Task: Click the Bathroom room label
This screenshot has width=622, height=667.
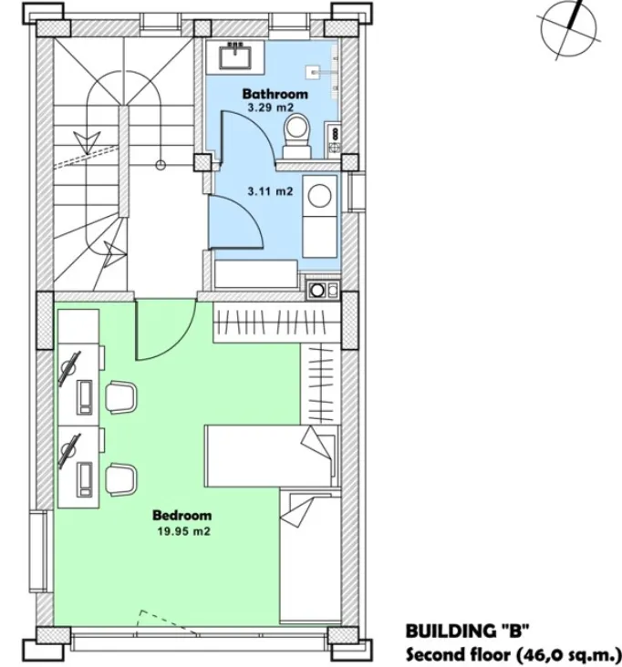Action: click(x=275, y=94)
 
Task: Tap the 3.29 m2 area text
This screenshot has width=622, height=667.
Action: click(x=271, y=108)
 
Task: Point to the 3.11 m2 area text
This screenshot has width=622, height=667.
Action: click(x=270, y=191)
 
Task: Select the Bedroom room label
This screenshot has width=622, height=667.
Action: click(x=181, y=516)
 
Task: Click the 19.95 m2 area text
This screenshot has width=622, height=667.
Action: click(x=184, y=531)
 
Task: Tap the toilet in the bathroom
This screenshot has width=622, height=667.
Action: click(x=297, y=135)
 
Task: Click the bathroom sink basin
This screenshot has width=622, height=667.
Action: click(x=235, y=57)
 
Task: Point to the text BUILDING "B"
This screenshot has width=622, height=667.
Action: click(x=467, y=630)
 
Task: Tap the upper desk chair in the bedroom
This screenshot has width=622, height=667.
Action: click(x=121, y=397)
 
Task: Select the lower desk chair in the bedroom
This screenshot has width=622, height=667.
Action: click(x=121, y=479)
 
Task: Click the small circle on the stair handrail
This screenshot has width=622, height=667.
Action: click(x=161, y=165)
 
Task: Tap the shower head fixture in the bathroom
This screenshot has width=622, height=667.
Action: click(x=313, y=72)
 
